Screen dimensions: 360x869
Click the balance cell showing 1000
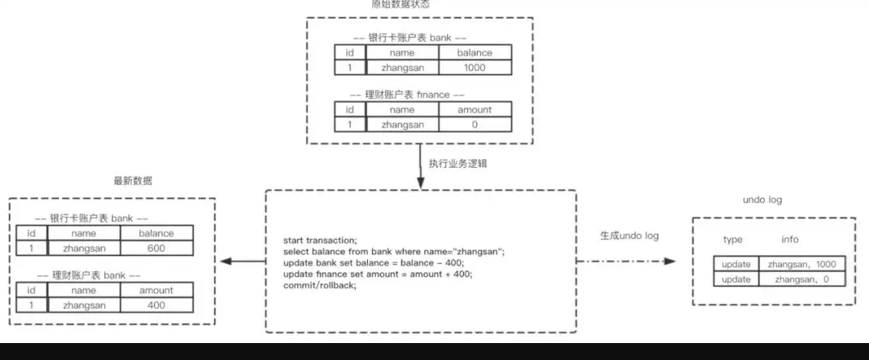click(x=474, y=68)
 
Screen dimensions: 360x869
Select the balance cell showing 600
click(x=156, y=249)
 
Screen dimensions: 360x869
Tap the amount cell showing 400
click(x=156, y=305)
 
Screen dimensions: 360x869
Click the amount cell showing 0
click(x=474, y=124)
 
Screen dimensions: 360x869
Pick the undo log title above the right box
click(x=762, y=199)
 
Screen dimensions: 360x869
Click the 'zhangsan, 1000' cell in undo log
click(x=801, y=264)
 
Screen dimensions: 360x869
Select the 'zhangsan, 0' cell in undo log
click(x=801, y=279)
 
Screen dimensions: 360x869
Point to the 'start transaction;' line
click(x=320, y=241)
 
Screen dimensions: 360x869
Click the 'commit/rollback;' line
click(x=319, y=286)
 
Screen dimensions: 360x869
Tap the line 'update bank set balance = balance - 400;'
click(x=374, y=263)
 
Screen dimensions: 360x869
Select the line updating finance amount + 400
click(x=378, y=274)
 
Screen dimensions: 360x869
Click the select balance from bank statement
click(x=394, y=252)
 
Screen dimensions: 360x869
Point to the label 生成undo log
click(x=629, y=236)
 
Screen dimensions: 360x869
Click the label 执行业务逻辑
click(x=455, y=164)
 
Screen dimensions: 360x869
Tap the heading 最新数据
click(x=133, y=182)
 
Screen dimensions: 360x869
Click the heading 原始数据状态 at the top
click(x=400, y=5)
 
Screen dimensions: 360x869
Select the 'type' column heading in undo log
click(x=733, y=240)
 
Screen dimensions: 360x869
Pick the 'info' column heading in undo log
click(x=790, y=240)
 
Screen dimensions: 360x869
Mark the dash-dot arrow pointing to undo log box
click(x=629, y=262)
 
